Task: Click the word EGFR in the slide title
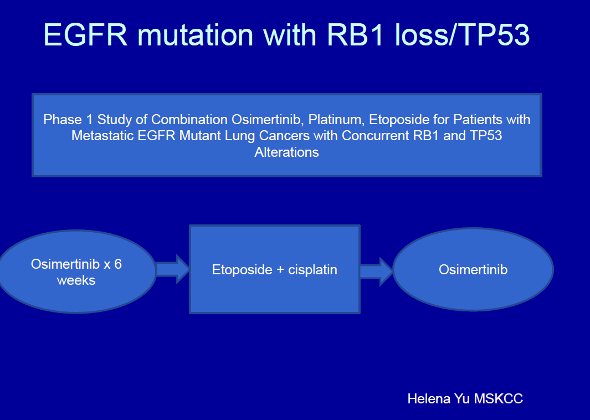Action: [x=86, y=34]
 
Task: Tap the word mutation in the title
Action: [x=196, y=34]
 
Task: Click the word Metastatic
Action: [x=103, y=136]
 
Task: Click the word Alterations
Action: [x=287, y=152]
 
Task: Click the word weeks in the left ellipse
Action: [x=76, y=280]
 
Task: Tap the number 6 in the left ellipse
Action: [x=118, y=264]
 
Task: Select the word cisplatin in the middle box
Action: [x=312, y=270]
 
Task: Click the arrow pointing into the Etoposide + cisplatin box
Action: [x=173, y=269]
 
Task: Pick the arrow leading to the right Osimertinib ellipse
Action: [x=377, y=272]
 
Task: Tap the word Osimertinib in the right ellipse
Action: [x=473, y=269]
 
